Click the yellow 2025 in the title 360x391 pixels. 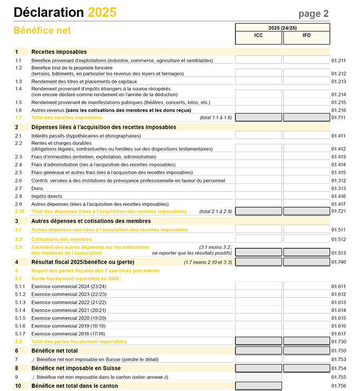point(102,13)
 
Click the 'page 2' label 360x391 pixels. point(314,14)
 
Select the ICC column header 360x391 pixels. point(258,36)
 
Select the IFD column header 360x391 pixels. point(306,36)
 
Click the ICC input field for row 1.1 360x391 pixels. point(258,60)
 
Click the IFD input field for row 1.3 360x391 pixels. point(306,81)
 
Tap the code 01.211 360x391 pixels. point(338,61)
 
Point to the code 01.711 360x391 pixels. point(338,117)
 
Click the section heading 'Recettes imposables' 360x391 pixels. point(59,52)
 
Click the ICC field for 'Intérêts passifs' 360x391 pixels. point(258,136)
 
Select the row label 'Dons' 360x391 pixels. point(37,189)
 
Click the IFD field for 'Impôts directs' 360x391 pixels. point(306,196)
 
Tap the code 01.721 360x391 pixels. point(338,211)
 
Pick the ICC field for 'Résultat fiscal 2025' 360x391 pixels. point(258,262)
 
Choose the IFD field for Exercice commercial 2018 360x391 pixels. point(306,333)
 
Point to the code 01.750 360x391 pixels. point(338,351)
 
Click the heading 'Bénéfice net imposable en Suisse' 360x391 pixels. point(76,368)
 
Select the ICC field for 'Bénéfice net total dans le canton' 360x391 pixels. point(258,386)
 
